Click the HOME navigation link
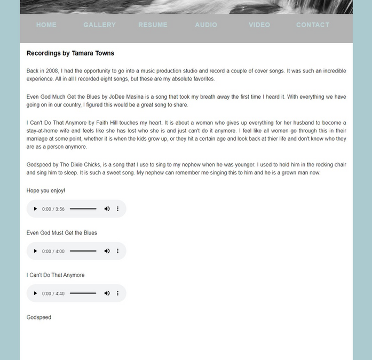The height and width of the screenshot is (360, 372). pos(46,25)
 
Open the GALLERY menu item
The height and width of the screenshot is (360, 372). pos(99,25)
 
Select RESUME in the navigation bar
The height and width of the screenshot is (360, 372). pos(153,25)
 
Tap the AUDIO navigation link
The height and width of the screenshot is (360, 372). pos(206,25)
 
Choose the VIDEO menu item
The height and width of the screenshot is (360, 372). pos(259,25)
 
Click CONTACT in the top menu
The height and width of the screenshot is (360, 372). pos(313,25)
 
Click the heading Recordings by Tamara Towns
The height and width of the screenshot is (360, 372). pos(70,53)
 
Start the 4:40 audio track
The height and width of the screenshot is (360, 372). pos(36,293)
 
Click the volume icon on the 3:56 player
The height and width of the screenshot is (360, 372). pos(107,209)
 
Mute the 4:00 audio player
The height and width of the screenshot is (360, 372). pos(107,251)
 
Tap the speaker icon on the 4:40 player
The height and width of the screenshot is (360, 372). pos(107,293)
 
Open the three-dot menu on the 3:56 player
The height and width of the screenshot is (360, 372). pos(118,209)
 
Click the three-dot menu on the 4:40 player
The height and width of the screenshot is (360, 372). pos(118,293)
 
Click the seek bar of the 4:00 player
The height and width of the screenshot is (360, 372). pos(83,251)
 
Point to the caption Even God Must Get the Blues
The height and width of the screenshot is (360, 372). pos(61,233)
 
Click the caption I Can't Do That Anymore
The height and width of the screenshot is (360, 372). pos(56,275)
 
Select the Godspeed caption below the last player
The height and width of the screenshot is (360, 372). pos(39,317)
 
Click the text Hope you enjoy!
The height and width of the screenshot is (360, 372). pos(46,190)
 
